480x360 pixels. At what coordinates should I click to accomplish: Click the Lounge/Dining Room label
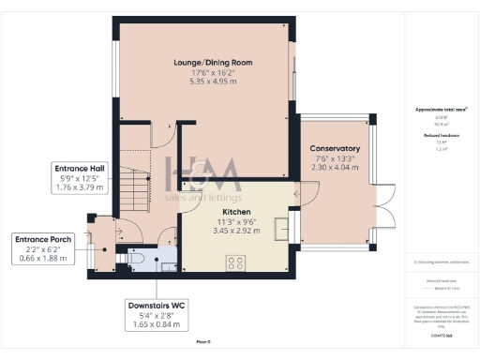(x=213, y=63)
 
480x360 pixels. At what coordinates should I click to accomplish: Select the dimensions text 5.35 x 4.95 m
(x=213, y=82)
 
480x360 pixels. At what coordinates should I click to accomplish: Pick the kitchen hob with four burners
(x=234, y=263)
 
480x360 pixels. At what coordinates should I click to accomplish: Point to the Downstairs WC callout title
(x=157, y=306)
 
